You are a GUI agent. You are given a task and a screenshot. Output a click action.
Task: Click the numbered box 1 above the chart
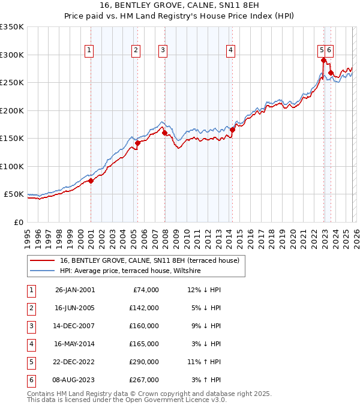(89, 51)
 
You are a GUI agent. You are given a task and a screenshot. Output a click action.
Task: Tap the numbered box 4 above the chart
(230, 51)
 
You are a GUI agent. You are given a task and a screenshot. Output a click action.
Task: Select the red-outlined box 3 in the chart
(163, 51)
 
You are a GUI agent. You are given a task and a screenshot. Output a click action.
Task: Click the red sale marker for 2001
(91, 181)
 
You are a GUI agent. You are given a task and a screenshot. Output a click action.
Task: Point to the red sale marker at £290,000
(323, 60)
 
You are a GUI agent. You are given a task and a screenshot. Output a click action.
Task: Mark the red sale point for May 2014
(232, 130)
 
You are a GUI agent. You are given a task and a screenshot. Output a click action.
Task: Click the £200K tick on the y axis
(12, 110)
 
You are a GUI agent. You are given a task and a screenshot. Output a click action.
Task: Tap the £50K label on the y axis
(14, 194)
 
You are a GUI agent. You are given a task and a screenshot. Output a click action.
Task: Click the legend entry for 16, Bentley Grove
(149, 260)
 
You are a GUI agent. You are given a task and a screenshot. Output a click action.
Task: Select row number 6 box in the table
(30, 380)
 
